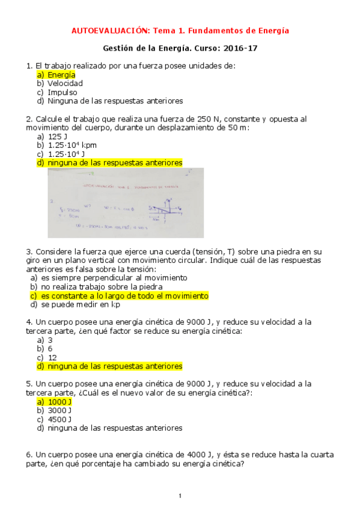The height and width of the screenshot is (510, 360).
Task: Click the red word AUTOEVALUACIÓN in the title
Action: pos(110,30)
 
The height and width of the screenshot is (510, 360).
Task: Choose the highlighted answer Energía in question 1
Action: pos(61,75)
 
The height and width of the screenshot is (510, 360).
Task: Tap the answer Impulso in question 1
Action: pos(63,93)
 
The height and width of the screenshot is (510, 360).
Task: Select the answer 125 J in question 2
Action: pos(58,137)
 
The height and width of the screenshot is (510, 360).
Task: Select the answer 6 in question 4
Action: pos(50,348)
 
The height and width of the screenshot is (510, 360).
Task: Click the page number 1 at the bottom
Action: pos(180,496)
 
